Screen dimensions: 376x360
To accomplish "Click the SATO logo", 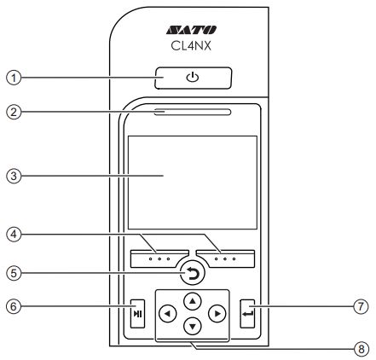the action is point(191,30).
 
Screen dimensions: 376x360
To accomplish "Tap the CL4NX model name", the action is point(191,45).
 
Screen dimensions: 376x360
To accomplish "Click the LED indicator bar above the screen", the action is point(193,112).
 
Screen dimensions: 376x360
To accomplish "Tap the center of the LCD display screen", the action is point(193,183).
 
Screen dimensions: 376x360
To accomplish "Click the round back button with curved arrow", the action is point(193,274).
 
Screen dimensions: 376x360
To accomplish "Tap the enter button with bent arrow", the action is point(247,313).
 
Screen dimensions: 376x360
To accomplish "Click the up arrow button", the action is point(193,301).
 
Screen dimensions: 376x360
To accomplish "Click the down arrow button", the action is point(193,326).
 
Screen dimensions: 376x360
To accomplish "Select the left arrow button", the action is point(168,314).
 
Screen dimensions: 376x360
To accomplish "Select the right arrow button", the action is point(217,314).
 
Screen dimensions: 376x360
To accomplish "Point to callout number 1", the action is point(14,78).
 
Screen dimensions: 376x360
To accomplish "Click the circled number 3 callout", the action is point(14,176).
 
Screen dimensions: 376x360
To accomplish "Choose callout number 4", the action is point(14,235).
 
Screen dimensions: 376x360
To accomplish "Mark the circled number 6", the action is point(14,306).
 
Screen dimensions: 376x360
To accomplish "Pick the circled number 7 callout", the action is point(361,306).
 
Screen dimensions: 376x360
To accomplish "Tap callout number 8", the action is point(361,349).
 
